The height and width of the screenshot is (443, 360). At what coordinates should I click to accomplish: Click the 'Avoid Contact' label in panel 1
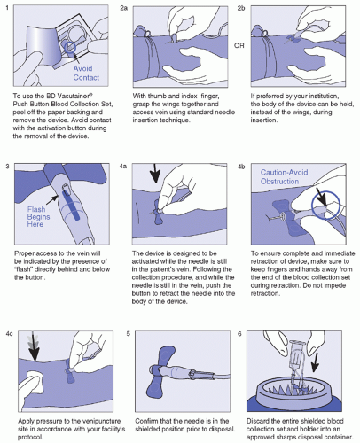[x=86, y=73]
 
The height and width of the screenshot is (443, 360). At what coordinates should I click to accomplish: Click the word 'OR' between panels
[x=239, y=45]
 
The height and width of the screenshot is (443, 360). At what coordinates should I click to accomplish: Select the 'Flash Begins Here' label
[x=38, y=217]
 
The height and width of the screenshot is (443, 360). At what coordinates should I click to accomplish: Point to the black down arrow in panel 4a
[x=155, y=175]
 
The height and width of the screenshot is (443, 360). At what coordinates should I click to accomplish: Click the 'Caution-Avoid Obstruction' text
[x=284, y=176]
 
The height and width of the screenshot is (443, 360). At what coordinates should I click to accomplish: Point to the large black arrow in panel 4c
[x=35, y=347]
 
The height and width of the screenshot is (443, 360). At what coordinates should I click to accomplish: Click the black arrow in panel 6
[x=315, y=362]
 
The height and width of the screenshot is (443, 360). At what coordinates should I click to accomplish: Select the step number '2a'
[x=123, y=8]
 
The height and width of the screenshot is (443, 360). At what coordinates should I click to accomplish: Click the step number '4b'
[x=241, y=167]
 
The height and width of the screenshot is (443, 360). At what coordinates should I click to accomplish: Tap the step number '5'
[x=128, y=334]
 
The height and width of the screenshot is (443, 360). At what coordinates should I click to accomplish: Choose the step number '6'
[x=239, y=334]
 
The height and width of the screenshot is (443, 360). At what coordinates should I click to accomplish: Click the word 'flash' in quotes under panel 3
[x=23, y=269]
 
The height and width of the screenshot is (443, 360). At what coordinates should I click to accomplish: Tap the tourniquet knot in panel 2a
[x=147, y=35]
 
